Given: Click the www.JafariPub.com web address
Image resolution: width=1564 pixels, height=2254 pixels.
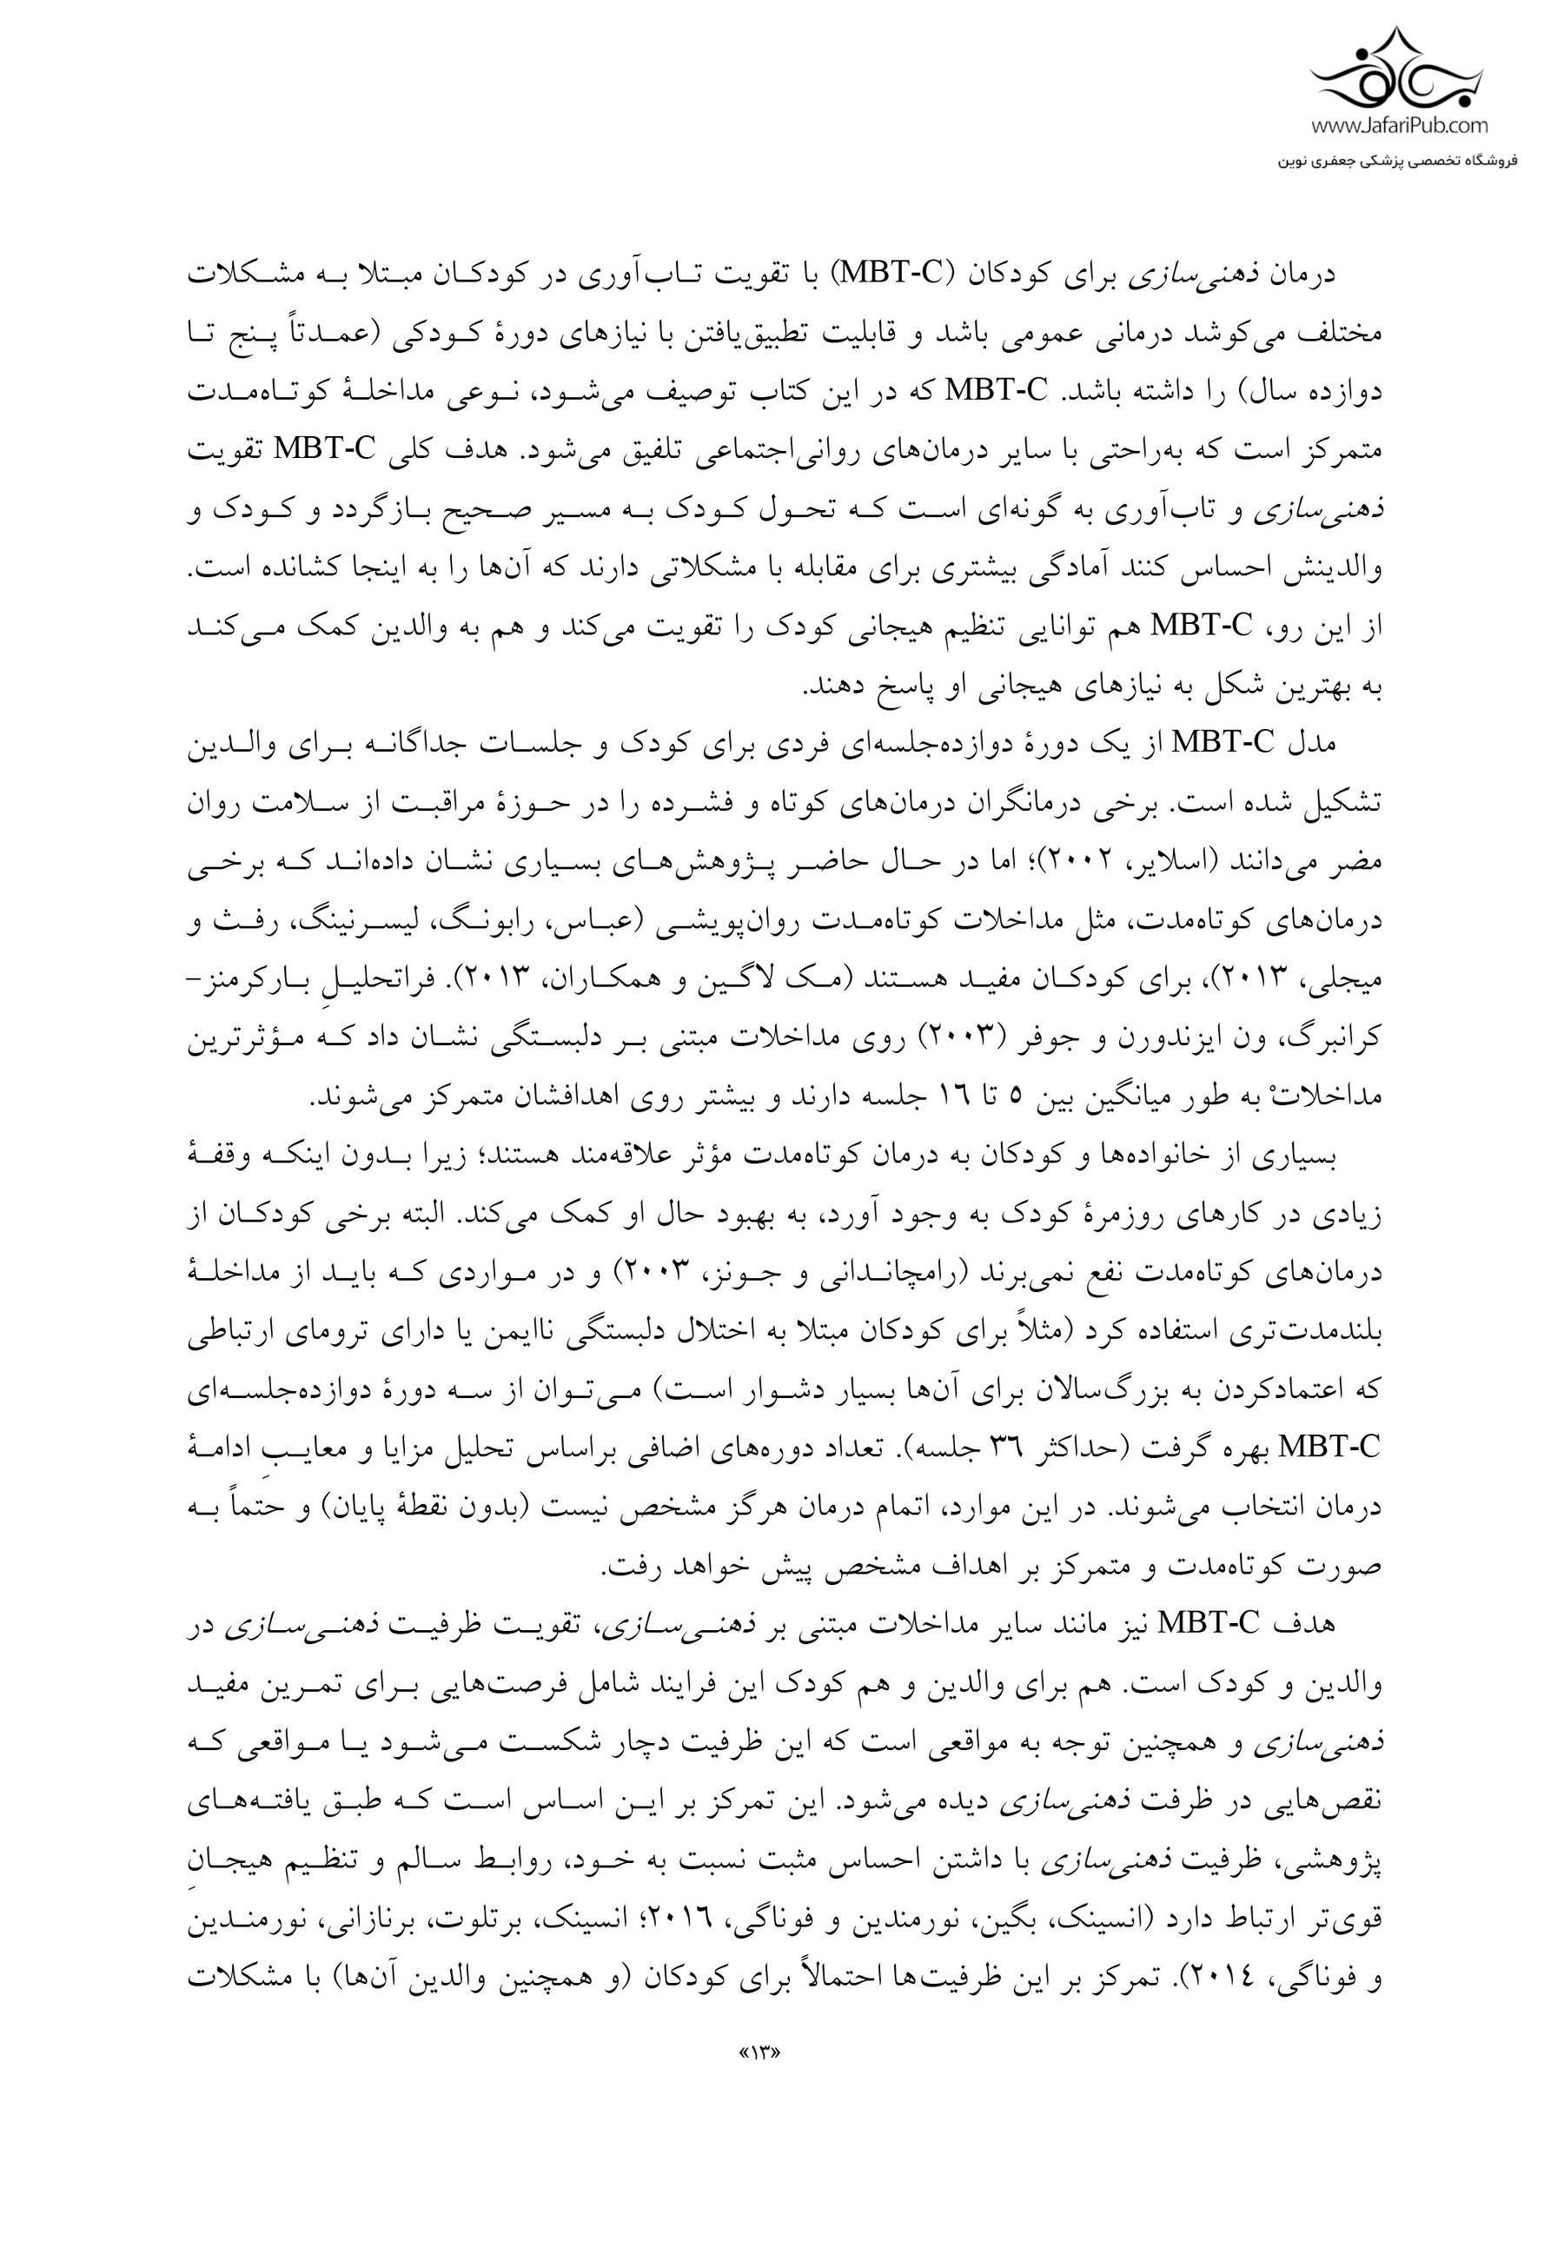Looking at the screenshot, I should click(1398, 124).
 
